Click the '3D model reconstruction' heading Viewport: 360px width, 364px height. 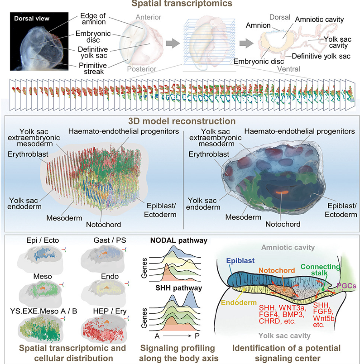pyautogui.click(x=182, y=121)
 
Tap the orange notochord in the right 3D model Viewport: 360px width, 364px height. pyautogui.click(x=282, y=192)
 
